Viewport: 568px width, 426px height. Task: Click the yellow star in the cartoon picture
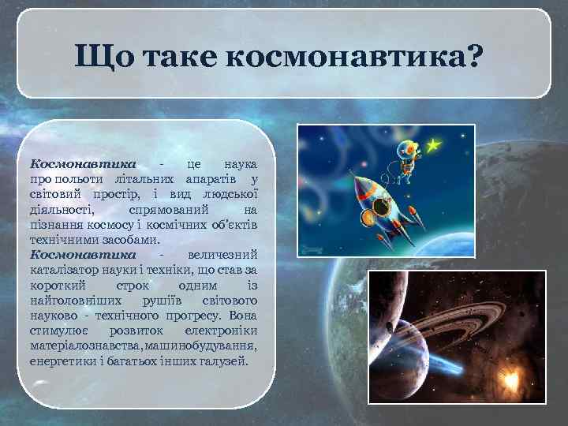432,145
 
